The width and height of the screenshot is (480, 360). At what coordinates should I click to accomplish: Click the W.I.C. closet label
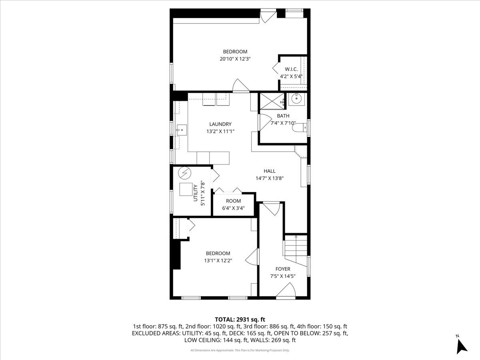point(291,69)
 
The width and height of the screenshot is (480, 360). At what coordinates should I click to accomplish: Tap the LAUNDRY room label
point(220,124)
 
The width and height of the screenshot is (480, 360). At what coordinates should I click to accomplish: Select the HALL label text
point(269,171)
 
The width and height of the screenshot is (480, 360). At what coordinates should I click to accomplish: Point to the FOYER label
point(283,269)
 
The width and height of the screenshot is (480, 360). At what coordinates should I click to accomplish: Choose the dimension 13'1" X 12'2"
point(218,260)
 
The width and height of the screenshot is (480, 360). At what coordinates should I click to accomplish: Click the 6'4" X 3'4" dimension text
point(233,208)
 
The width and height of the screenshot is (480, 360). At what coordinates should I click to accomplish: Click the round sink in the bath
point(297,98)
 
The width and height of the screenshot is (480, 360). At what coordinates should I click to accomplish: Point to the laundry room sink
point(181,129)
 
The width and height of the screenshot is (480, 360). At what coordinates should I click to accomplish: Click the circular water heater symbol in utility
point(185,172)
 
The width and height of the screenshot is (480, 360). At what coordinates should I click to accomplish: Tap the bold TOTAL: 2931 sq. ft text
point(240,319)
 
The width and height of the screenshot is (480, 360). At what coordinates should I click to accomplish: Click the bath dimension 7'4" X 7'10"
point(283,123)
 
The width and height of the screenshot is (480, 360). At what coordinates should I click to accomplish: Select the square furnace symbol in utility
point(186,190)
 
